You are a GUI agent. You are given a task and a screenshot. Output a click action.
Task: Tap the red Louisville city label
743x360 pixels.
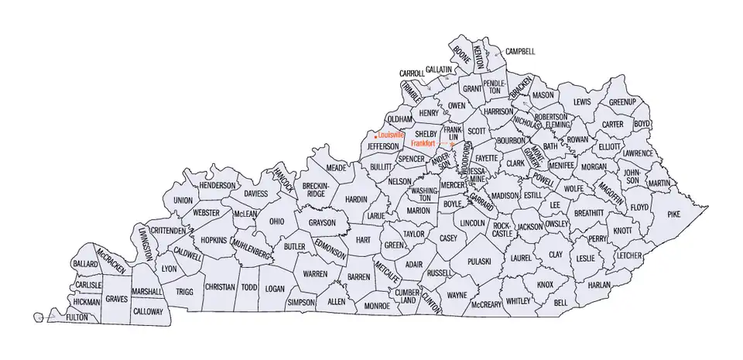coord(392,135)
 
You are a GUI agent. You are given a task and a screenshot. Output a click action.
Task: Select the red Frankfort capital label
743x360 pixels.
coord(423,143)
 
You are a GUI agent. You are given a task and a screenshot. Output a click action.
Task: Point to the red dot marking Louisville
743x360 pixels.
coord(375,137)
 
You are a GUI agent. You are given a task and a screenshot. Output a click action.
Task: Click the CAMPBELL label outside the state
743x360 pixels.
coord(520,52)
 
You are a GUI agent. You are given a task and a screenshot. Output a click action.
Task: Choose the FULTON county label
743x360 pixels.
coord(77,317)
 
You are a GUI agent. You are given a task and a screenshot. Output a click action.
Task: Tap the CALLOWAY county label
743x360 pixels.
coord(148,312)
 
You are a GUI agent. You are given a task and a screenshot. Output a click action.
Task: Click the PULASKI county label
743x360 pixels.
coord(480,262)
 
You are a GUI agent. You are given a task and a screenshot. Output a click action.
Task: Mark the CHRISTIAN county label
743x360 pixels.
coord(219,286)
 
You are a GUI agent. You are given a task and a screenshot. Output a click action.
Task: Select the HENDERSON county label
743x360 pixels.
coord(217,186)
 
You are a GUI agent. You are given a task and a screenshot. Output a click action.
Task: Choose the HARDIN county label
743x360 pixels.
coord(356,199)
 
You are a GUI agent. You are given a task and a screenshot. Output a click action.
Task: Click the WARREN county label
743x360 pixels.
coord(315,274)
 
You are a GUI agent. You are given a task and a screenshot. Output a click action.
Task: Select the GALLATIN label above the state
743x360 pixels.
coord(438,70)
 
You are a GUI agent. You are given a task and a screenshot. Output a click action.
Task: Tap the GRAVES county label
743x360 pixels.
coord(116,298)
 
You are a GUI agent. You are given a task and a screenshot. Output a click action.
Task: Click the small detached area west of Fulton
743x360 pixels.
coord(38,316)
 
